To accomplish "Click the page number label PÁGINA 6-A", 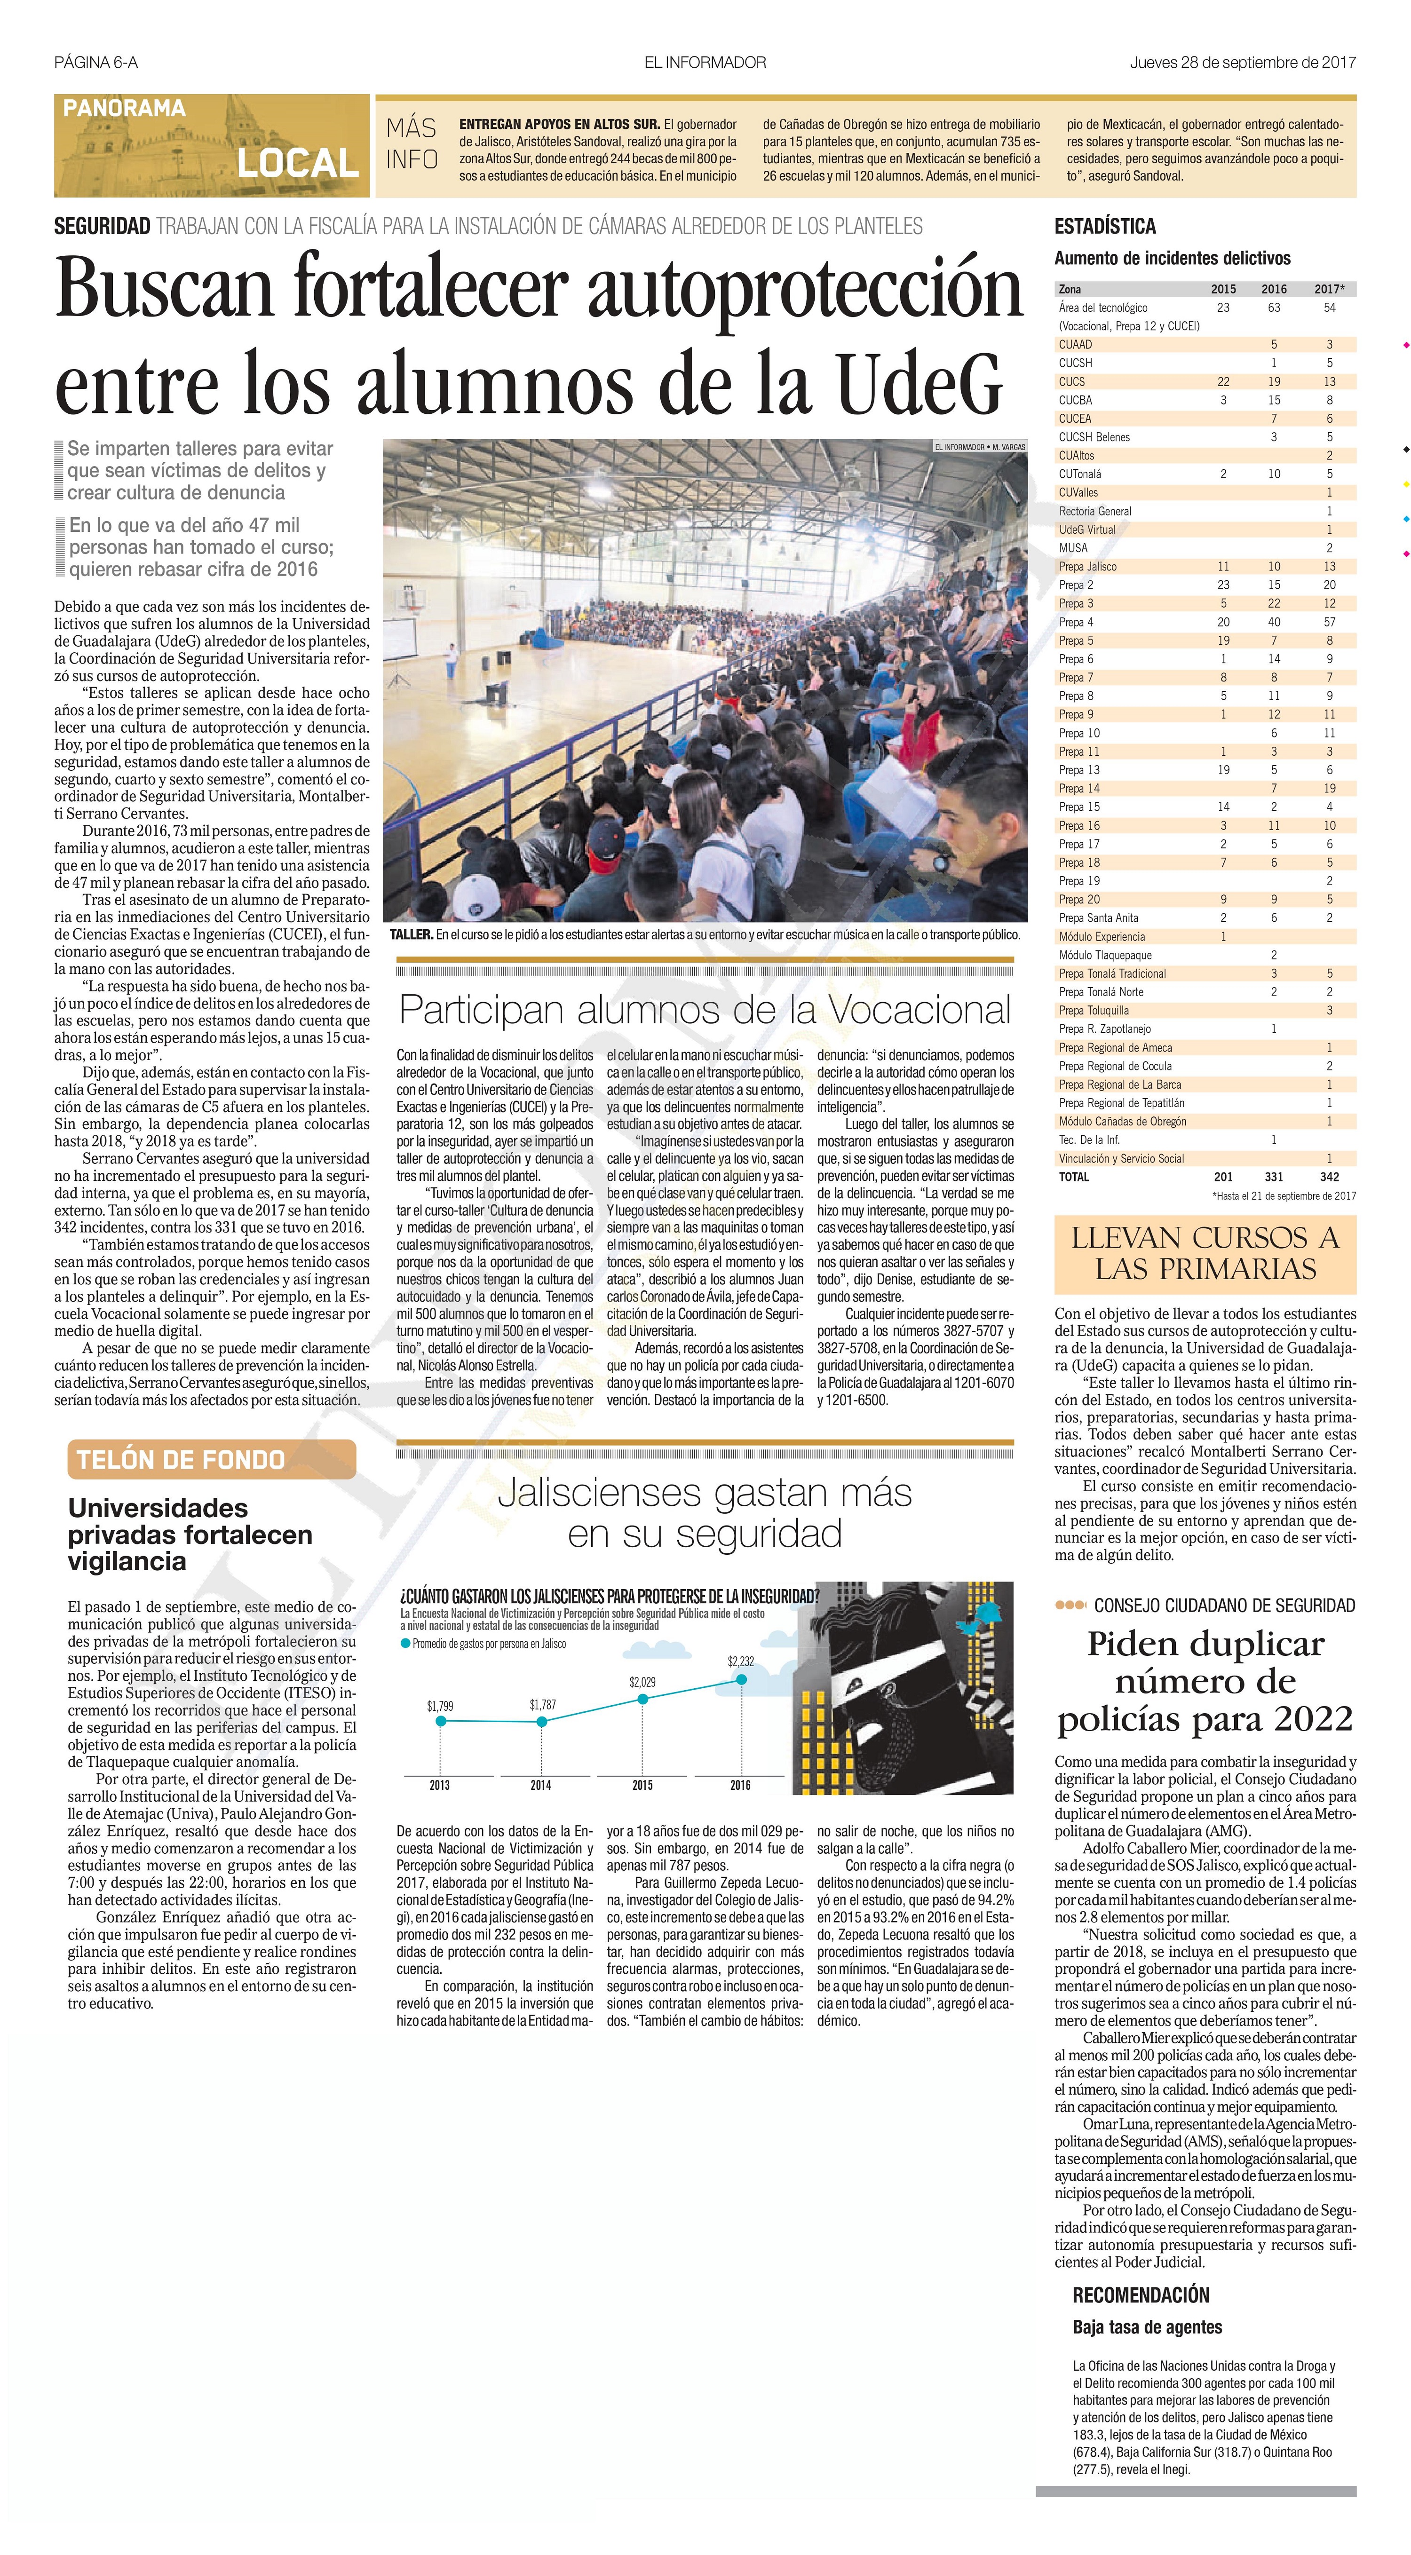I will point(96,63).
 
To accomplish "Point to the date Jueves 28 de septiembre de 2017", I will point(1242,63).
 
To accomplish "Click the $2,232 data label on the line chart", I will point(740,1661).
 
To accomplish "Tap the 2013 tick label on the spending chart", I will point(440,1785).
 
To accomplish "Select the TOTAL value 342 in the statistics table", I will point(1330,1177).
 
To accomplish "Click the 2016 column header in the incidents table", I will point(1274,290).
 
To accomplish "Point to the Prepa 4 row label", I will point(1077,622).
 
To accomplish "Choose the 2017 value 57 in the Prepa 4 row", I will point(1330,622).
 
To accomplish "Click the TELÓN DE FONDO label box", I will point(182,1460).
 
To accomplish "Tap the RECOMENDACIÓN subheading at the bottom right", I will point(1141,2295).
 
